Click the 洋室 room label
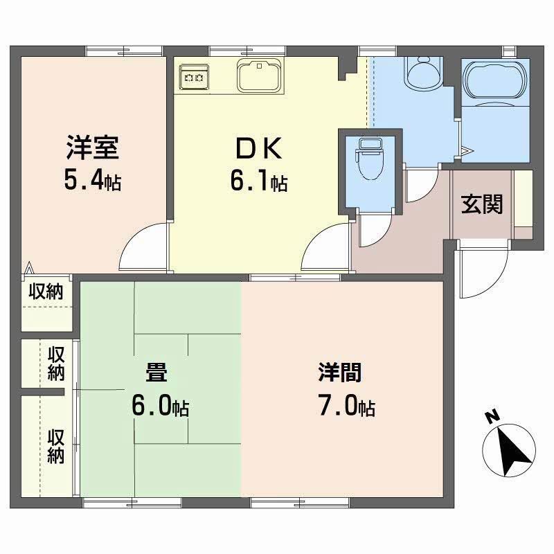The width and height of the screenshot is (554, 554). click(x=94, y=149)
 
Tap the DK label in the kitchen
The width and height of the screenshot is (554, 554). click(x=257, y=149)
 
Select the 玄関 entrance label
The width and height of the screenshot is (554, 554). click(x=482, y=205)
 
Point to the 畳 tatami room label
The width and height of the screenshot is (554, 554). click(x=156, y=374)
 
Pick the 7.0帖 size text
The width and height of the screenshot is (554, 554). click(x=347, y=407)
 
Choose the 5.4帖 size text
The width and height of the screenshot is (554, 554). click(x=93, y=181)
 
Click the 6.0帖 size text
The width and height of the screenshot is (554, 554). click(x=160, y=407)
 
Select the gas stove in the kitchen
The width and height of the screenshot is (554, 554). click(x=193, y=78)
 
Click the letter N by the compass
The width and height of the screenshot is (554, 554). click(x=492, y=417)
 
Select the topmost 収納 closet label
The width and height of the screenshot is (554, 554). click(x=46, y=292)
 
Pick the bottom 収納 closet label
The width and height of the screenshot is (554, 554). click(x=56, y=447)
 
